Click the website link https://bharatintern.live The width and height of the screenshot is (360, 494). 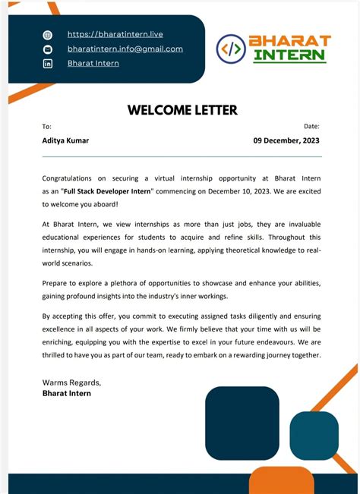(x=115, y=34)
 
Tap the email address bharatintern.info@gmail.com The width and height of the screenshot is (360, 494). (x=125, y=49)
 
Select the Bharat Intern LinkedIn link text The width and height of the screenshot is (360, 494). (x=93, y=63)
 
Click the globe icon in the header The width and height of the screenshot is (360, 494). (x=48, y=35)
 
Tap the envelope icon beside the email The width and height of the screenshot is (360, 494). (x=48, y=49)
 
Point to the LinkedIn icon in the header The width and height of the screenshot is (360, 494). (x=48, y=64)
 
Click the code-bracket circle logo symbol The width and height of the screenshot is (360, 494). (x=230, y=49)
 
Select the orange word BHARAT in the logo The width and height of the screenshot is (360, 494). (x=290, y=40)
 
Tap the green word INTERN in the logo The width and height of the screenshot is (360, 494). (x=289, y=55)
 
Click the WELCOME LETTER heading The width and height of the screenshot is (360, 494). (x=182, y=110)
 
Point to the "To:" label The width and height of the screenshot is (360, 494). (x=47, y=127)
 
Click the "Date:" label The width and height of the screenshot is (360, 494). (x=311, y=127)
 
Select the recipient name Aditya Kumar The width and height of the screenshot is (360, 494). (x=65, y=140)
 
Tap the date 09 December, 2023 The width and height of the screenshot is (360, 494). (x=286, y=140)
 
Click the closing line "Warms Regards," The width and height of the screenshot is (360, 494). (x=71, y=382)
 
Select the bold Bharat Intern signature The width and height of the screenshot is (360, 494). (x=67, y=393)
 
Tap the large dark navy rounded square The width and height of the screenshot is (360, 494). (x=242, y=423)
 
